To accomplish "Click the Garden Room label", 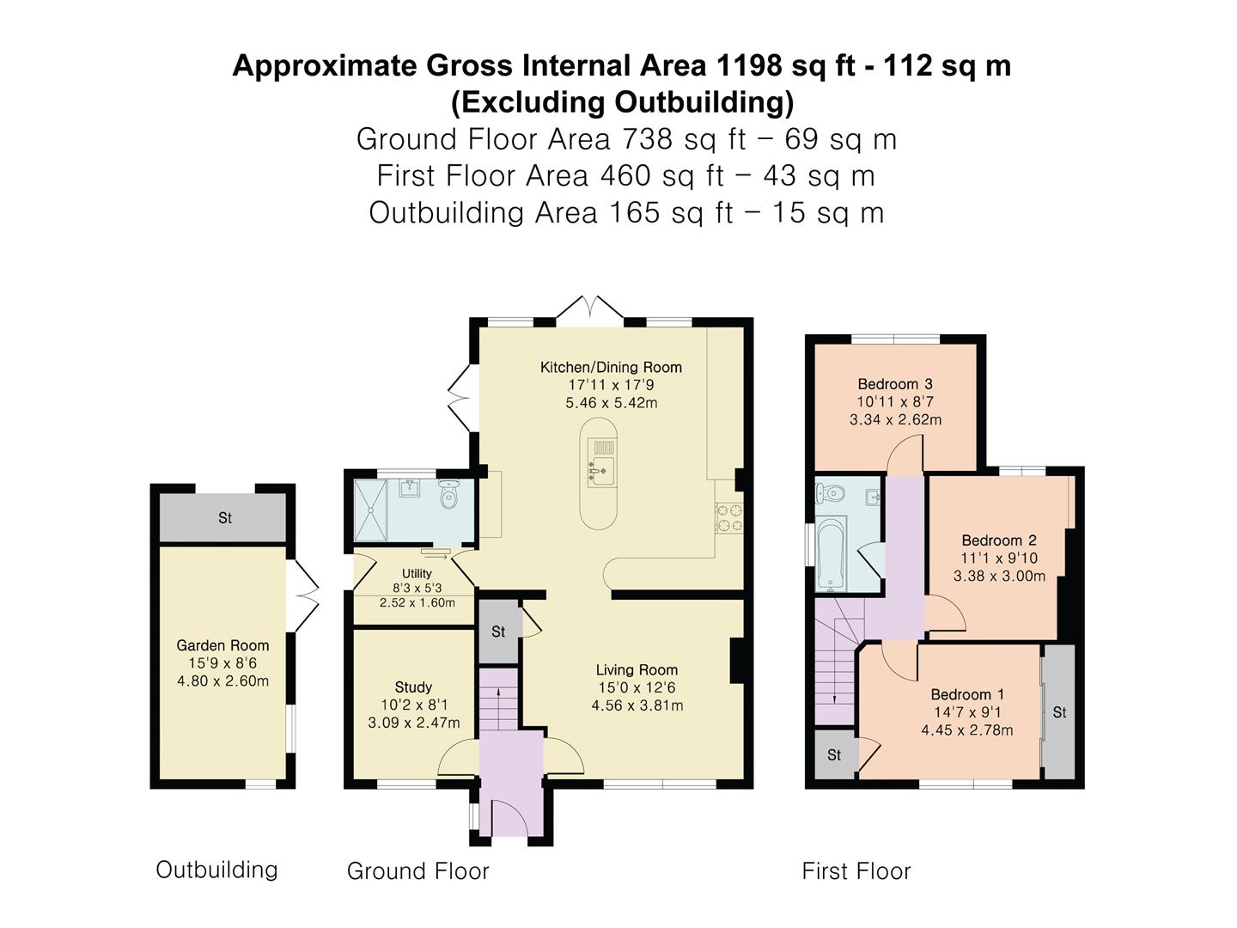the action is [x=222, y=645].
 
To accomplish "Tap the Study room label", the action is [x=413, y=687].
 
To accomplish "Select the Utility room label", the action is [x=417, y=573].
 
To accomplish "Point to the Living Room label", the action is [x=637, y=670].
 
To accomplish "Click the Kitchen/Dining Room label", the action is [x=611, y=368].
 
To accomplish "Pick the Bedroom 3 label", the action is [x=895, y=384].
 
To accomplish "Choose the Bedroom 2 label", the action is [x=999, y=540].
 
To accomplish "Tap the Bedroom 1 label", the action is [x=967, y=694].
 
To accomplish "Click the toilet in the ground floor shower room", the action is [x=448, y=494].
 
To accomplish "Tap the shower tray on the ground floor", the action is [x=371, y=510].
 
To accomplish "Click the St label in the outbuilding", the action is [x=225, y=518].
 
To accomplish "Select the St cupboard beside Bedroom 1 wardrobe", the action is [x=1059, y=712].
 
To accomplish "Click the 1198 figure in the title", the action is [x=749, y=65].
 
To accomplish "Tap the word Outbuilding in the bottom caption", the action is [x=216, y=870].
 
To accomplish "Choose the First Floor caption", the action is [x=856, y=871].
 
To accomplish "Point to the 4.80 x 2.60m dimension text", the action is [x=222, y=681].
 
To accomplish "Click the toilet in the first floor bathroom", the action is [x=831, y=493].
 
